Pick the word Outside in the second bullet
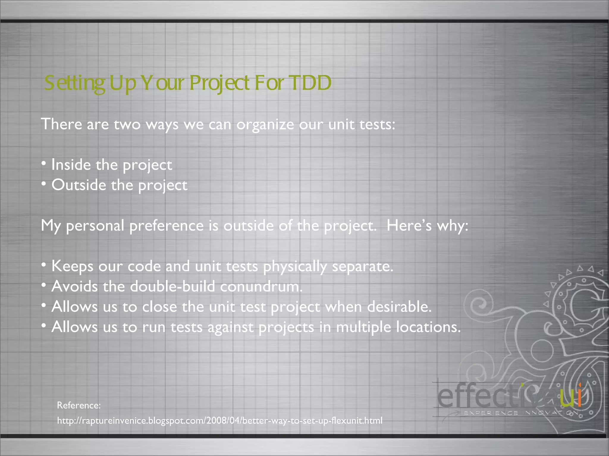(x=79, y=185)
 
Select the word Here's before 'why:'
(x=409, y=225)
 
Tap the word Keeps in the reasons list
(x=73, y=266)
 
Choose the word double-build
(x=172, y=286)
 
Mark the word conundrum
(x=261, y=287)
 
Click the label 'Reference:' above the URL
(x=79, y=405)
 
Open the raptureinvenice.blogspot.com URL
(x=219, y=421)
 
